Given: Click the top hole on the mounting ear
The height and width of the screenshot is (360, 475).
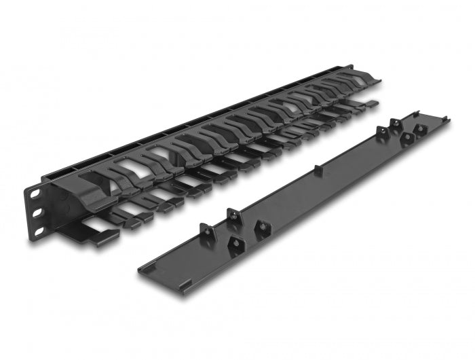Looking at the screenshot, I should (33, 194).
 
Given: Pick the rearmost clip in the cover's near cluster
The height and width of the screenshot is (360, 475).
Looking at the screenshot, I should (232, 214).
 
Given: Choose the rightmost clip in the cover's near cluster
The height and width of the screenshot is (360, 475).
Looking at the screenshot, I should (261, 226).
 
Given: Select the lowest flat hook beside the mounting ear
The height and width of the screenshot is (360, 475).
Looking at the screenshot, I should (102, 235).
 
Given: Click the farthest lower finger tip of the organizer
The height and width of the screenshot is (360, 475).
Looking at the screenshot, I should (373, 105).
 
